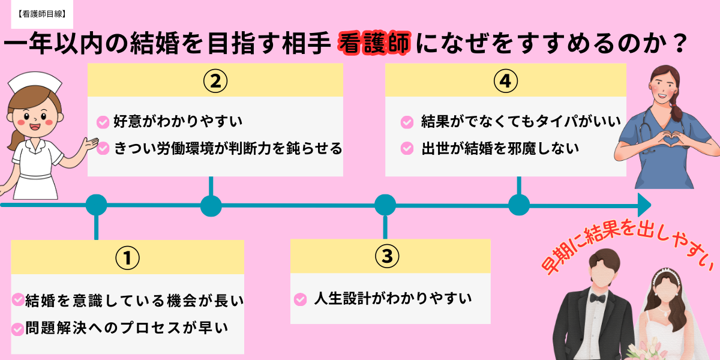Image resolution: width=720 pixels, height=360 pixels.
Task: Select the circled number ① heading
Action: tap(127, 257)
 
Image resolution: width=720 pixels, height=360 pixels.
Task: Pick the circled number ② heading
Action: tap(215, 80)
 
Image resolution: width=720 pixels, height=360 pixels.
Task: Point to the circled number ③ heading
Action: tap(387, 256)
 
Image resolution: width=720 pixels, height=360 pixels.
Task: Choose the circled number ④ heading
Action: tap(505, 80)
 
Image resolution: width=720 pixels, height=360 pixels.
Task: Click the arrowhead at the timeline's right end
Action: tap(644, 205)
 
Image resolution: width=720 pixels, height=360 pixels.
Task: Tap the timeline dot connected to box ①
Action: tap(96, 205)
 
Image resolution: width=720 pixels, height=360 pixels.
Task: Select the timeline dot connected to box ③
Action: tap(385, 205)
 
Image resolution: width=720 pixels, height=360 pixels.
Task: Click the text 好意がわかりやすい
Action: tap(178, 122)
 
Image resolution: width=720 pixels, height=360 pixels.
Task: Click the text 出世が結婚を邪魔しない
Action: tap(500, 148)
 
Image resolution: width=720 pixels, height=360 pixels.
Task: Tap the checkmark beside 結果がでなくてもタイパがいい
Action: tap(407, 122)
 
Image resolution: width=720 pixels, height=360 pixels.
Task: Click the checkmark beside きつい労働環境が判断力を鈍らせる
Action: tap(103, 148)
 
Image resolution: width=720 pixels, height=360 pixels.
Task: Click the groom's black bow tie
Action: tap(597, 298)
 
